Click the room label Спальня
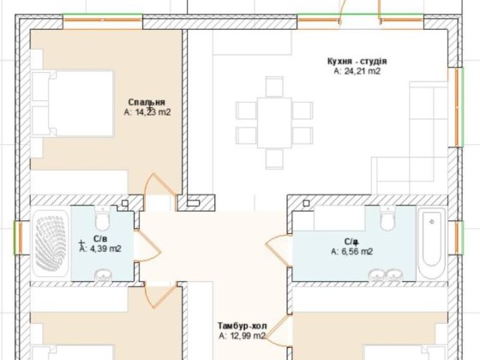[147, 102]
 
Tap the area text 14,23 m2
[153, 112]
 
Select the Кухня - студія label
[357, 61]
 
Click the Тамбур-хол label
[242, 326]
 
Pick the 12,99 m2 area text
[248, 336]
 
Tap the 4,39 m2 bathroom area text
[105, 249]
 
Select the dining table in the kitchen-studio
[274, 123]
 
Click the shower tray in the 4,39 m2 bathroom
[51, 243]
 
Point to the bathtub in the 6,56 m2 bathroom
[432, 243]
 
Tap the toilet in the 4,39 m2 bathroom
[103, 218]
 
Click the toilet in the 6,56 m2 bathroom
[387, 218]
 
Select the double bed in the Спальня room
[72, 103]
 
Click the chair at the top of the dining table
[274, 87]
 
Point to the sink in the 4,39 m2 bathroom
[103, 275]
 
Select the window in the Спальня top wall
[103, 21]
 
